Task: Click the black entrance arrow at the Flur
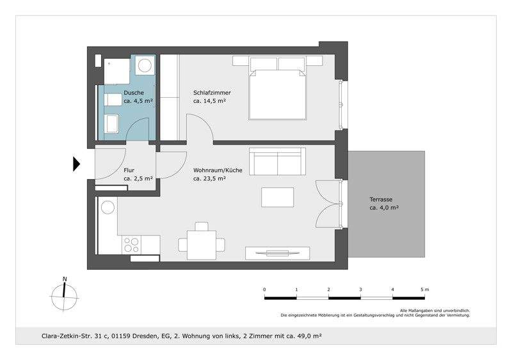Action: coord(76,164)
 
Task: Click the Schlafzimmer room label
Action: coord(212,93)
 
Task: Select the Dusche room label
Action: coord(134,93)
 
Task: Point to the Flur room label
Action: coord(129,171)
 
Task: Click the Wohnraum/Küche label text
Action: coord(218,171)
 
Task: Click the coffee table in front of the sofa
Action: coord(278,197)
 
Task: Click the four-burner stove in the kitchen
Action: coord(131,244)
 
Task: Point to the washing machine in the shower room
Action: coord(145,65)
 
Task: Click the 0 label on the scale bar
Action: coord(264,290)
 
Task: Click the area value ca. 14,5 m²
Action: coord(209,101)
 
